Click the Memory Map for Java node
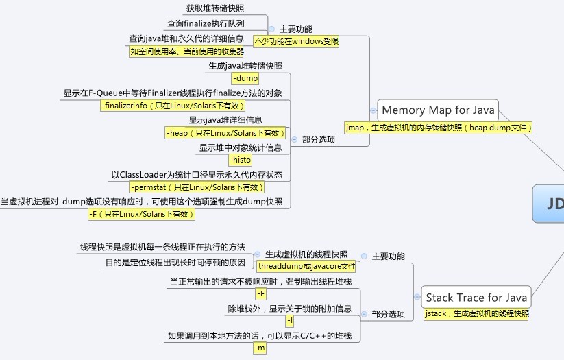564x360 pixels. click(x=437, y=110)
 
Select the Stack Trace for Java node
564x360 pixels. click(x=476, y=298)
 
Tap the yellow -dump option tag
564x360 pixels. click(x=245, y=78)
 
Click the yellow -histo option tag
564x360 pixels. click(x=240, y=160)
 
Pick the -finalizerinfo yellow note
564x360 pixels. click(x=172, y=106)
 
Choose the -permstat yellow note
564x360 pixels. click(x=197, y=187)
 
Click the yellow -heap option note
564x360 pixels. click(x=225, y=133)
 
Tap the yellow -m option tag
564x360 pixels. click(x=260, y=348)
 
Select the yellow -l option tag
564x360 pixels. click(x=289, y=321)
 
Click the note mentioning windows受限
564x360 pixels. click(x=295, y=41)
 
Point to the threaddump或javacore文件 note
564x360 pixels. click(x=306, y=266)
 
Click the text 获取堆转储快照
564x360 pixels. click(x=215, y=9)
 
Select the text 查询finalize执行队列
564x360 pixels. click(x=206, y=23)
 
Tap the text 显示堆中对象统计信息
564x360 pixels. click(x=241, y=147)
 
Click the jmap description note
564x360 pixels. click(x=439, y=128)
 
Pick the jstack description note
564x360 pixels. click(x=476, y=313)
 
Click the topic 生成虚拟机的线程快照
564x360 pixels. click(x=306, y=254)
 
